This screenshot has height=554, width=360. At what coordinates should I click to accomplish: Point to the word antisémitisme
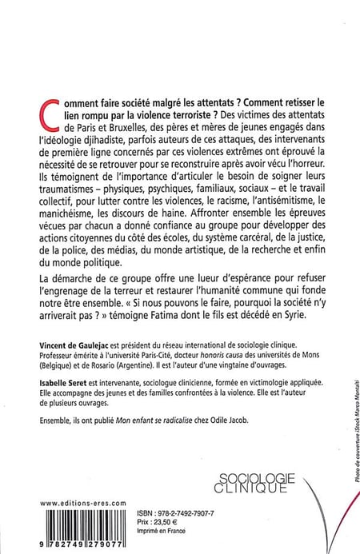coord(255,219)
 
